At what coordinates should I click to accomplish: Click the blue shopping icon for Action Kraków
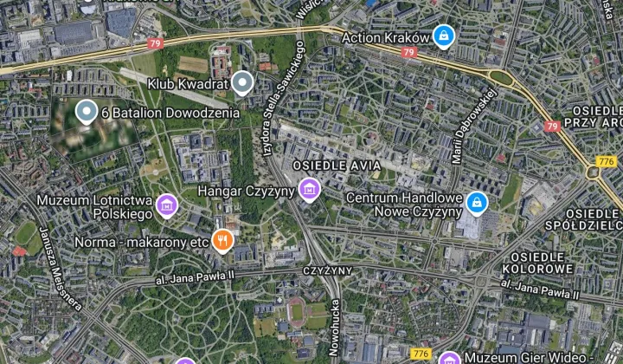coord(444,36)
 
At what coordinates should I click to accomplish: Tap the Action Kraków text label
coord(386,38)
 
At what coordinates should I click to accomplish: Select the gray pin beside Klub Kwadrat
coord(244,83)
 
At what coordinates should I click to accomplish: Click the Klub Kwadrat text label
coord(188,84)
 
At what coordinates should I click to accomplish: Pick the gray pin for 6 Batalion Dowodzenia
coord(85,112)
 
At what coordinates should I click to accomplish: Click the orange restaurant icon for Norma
coord(222,240)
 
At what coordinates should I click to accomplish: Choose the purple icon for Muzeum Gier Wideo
coord(449,359)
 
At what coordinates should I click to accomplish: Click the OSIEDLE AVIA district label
coord(331,165)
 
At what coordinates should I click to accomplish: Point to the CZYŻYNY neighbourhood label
coord(327,270)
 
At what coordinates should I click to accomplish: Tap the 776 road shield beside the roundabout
coord(606,161)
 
